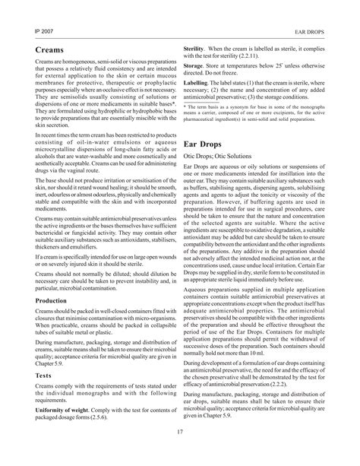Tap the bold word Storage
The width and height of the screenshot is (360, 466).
click(x=197, y=66)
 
